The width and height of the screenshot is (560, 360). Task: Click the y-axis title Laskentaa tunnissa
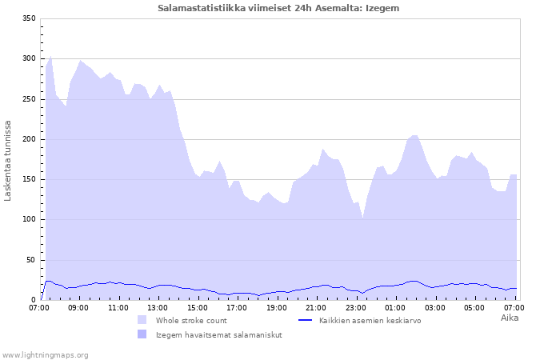[x=9, y=160]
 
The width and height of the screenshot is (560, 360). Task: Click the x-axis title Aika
[x=509, y=318]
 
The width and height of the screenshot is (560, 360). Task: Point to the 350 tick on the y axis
[x=29, y=18]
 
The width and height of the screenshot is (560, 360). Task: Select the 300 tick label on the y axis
[x=29, y=58]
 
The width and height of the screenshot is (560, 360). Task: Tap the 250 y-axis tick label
[x=29, y=99]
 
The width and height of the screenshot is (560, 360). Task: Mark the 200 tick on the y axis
[x=29, y=139]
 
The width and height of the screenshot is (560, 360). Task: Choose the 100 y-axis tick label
[x=29, y=219]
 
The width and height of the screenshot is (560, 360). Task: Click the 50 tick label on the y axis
[x=30, y=260]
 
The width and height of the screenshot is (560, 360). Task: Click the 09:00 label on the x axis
[x=78, y=307]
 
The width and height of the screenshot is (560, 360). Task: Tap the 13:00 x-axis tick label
[x=158, y=307]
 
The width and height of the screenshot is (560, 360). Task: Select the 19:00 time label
[x=277, y=307]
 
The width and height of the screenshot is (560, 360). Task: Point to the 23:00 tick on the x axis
[x=356, y=307]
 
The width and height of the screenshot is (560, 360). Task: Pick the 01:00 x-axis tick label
[x=395, y=307]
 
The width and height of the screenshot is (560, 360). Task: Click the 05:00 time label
[x=474, y=307]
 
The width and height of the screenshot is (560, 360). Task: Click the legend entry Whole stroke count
[x=191, y=320]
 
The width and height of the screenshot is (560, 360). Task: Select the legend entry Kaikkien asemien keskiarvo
[x=370, y=320]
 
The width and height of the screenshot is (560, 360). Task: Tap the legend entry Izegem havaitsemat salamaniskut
[x=218, y=334]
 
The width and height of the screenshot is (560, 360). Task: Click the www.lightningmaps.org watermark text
[x=45, y=354]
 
